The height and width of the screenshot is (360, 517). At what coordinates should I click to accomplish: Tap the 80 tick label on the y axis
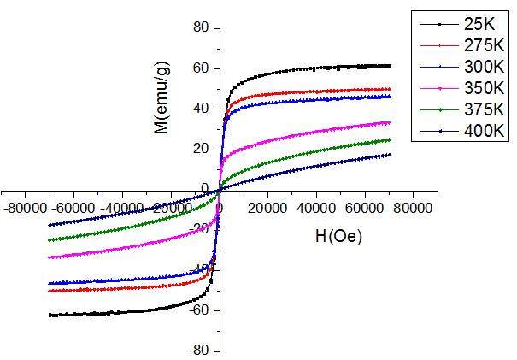pos(201,28)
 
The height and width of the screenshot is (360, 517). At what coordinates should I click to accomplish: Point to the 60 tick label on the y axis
pos(201,68)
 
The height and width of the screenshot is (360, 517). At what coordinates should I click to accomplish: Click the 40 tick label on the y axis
pos(201,109)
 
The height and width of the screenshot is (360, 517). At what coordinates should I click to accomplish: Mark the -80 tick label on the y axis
pos(198,351)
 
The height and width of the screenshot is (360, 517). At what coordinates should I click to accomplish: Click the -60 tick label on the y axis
pos(198,310)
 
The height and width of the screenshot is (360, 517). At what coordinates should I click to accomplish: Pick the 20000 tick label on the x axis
pos(268,207)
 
